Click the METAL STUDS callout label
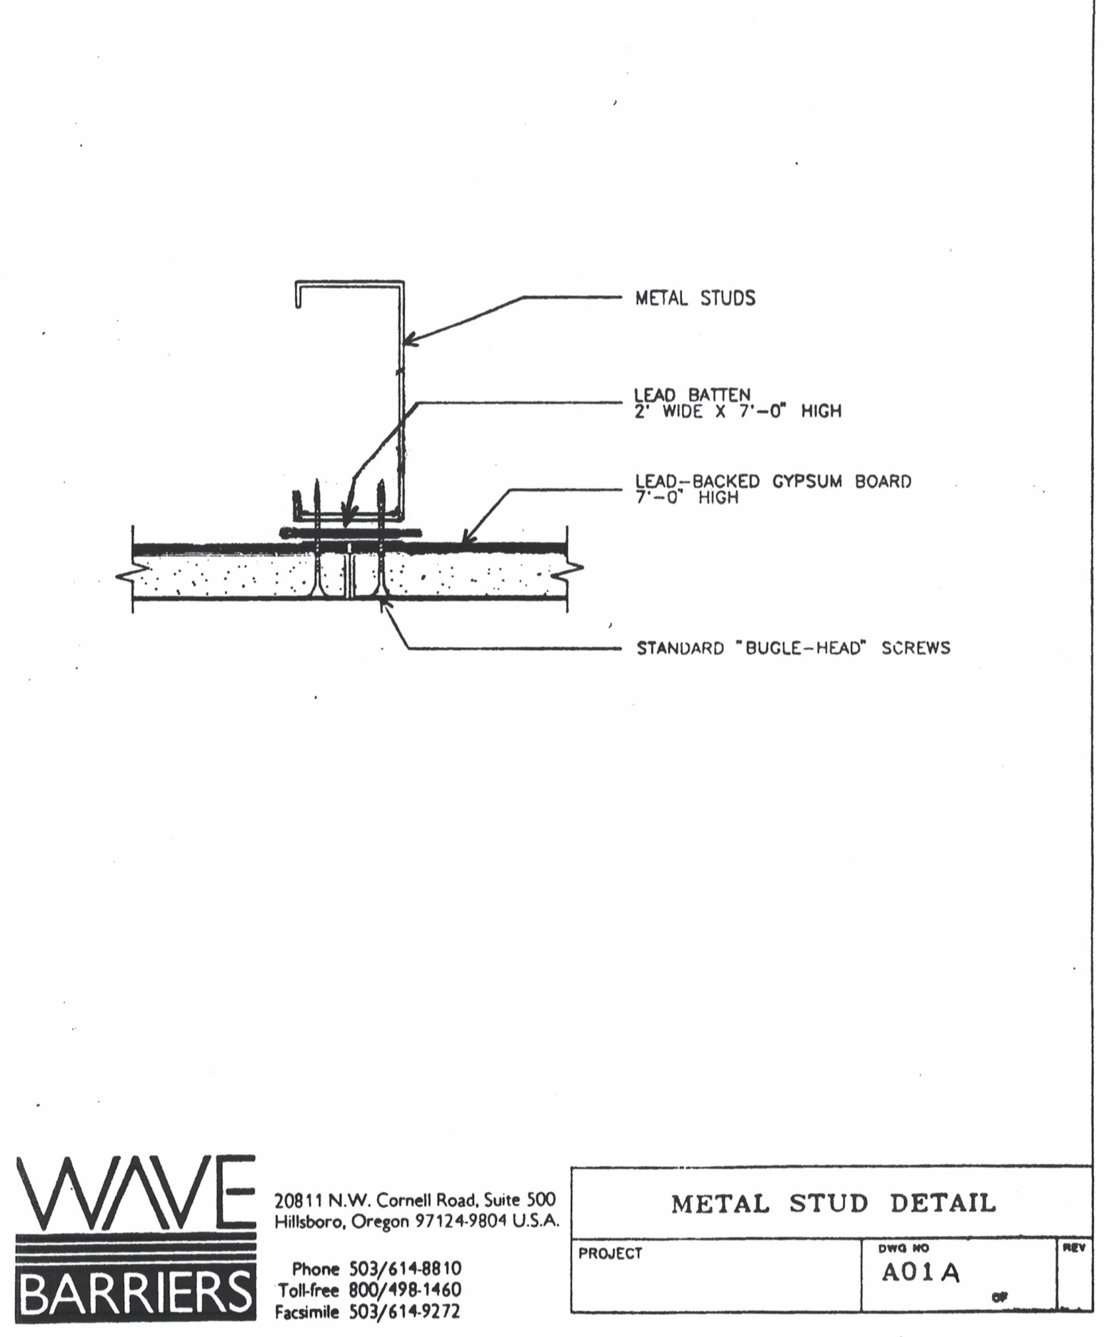[x=695, y=298]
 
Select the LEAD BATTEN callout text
[x=692, y=395]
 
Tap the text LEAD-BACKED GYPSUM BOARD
[x=773, y=481]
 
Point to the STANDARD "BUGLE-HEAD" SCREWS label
[x=794, y=648]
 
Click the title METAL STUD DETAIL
[x=833, y=1203]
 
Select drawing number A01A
[x=920, y=1273]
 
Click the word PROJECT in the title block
[x=610, y=1253]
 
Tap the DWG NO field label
[x=903, y=1248]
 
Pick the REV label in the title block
[x=1073, y=1248]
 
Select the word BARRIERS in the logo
[x=135, y=1293]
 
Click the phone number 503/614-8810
[x=405, y=1268]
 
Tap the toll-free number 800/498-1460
[x=405, y=1290]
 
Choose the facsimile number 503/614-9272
[x=405, y=1312]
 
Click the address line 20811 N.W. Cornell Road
[x=415, y=1200]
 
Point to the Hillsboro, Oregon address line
[x=417, y=1221]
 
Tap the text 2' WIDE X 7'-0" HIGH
[x=737, y=411]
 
